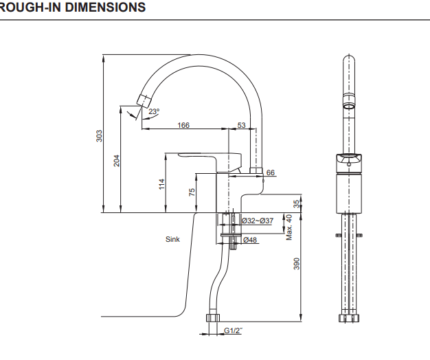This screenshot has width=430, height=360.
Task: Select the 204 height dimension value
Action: pyautogui.click(x=117, y=160)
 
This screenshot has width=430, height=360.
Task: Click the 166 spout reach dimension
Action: pyautogui.click(x=183, y=125)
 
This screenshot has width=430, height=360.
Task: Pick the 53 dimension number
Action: pyautogui.click(x=241, y=125)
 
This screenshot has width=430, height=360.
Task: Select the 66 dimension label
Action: pyautogui.click(x=270, y=172)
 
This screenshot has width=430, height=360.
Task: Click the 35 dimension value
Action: pyautogui.click(x=297, y=204)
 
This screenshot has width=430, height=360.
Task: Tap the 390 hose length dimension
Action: pyautogui.click(x=297, y=264)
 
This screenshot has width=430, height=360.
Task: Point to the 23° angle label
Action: pyautogui.click(x=153, y=111)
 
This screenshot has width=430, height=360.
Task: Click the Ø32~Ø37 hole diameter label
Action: pyautogui.click(x=258, y=221)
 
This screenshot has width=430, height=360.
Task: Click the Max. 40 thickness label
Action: pyautogui.click(x=289, y=227)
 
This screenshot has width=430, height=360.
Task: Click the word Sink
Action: pyautogui.click(x=172, y=240)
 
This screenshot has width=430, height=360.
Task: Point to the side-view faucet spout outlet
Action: pyautogui.click(x=144, y=100)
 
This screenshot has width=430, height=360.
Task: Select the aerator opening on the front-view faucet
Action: pyautogui.click(x=349, y=108)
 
